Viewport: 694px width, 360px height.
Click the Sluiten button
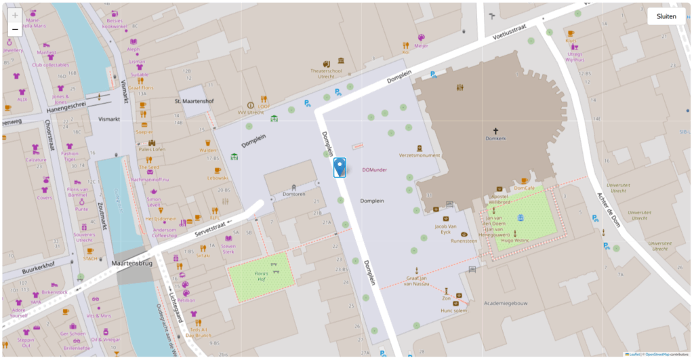pyautogui.click(x=666, y=17)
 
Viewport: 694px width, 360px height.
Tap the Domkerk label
pyautogui.click(x=495, y=138)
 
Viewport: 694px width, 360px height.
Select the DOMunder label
pyautogui.click(x=374, y=169)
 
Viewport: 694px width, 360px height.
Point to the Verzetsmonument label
pyautogui.click(x=420, y=155)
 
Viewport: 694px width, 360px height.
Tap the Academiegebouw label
pyautogui.click(x=502, y=304)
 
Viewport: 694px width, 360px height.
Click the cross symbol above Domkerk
pyautogui.click(x=495, y=130)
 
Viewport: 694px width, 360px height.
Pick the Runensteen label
pyautogui.click(x=464, y=240)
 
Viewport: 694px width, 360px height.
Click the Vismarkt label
pyautogui.click(x=108, y=118)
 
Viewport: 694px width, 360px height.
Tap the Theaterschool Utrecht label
pyautogui.click(x=323, y=73)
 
